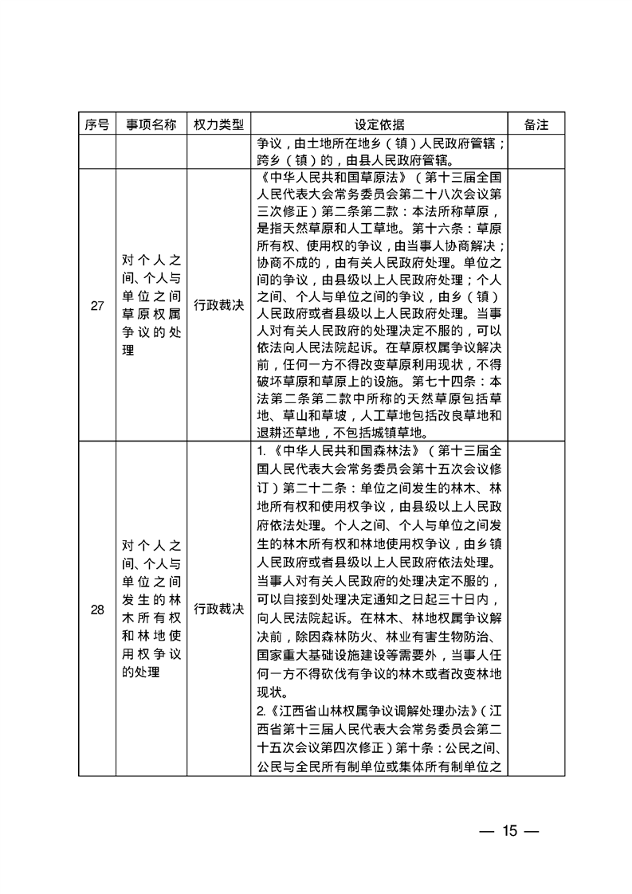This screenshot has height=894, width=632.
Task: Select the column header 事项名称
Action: (151, 125)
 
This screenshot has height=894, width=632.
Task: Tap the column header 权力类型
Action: (217, 125)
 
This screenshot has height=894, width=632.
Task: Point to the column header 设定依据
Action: (378, 125)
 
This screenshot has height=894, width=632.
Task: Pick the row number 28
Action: (97, 610)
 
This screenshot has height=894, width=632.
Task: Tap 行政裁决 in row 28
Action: (217, 610)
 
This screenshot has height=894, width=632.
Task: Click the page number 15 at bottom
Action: (510, 831)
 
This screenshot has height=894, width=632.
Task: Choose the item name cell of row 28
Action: (151, 610)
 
